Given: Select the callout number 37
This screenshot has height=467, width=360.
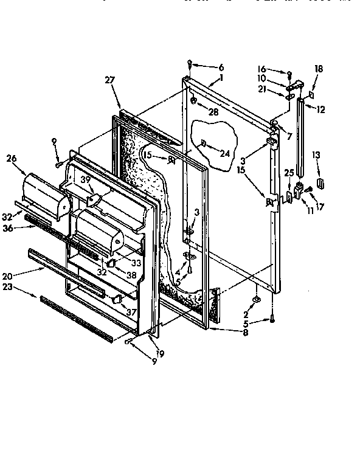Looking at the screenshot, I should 130,312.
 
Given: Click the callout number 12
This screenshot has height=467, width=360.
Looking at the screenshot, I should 321,110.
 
